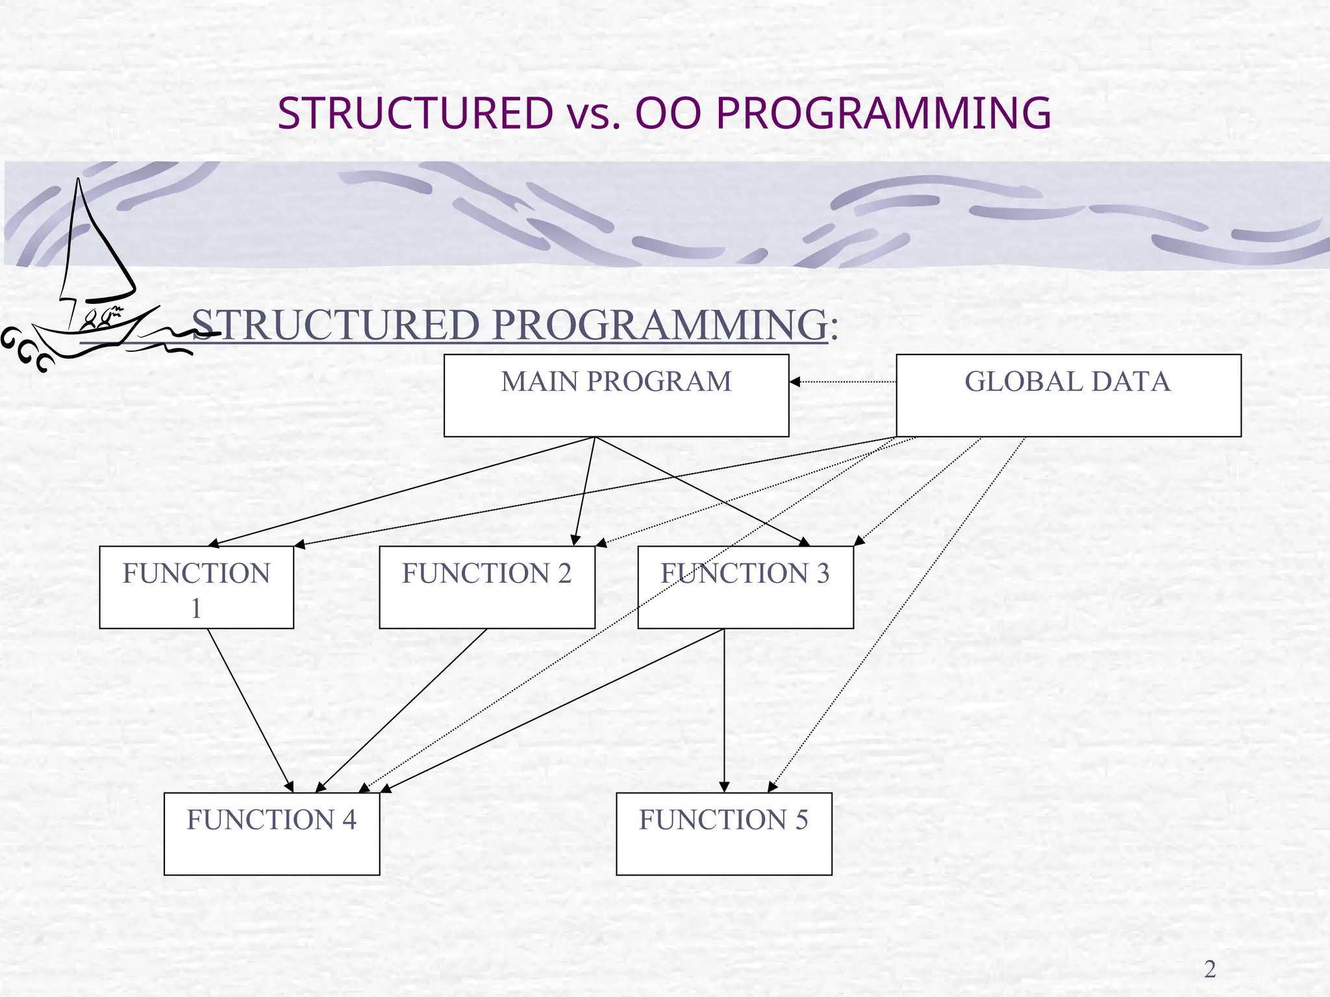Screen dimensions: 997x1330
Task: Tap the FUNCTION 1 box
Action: (196, 587)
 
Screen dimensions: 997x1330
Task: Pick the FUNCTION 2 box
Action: (486, 587)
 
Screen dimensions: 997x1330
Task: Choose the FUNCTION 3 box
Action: (745, 587)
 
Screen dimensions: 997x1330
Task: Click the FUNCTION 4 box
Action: (271, 834)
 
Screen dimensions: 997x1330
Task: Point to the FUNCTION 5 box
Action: (723, 834)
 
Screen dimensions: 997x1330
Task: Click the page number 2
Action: (1210, 969)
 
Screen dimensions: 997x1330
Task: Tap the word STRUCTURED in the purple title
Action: (416, 113)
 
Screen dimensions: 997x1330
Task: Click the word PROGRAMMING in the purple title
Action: (883, 113)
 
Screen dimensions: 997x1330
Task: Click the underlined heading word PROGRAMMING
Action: (659, 325)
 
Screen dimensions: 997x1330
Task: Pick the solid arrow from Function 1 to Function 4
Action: (250, 711)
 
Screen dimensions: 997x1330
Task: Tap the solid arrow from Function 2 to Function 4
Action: (401, 711)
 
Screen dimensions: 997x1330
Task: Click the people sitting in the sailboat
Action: (101, 317)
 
